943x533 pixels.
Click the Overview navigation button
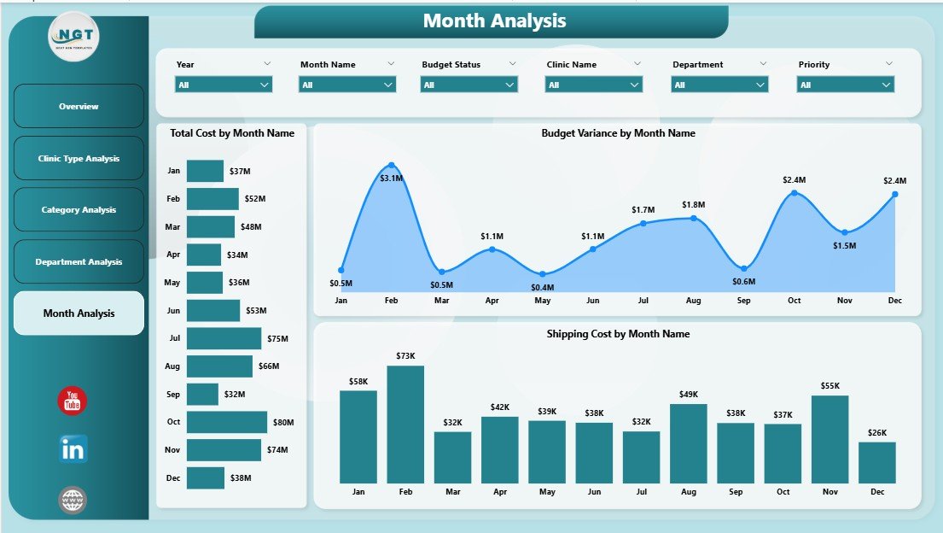[x=79, y=107]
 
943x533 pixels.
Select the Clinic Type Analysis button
[x=79, y=159]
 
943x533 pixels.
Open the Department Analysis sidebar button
[x=79, y=262]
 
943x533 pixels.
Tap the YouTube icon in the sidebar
[x=73, y=401]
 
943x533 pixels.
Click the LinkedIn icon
[x=73, y=449]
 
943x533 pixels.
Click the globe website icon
[x=73, y=500]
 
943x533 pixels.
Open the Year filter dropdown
[x=224, y=85]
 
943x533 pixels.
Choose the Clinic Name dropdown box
[x=593, y=85]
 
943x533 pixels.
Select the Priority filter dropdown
[x=845, y=85]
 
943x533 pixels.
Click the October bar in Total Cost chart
[x=226, y=422]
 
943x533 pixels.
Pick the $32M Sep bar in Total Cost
[x=202, y=394]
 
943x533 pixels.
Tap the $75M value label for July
[x=278, y=338]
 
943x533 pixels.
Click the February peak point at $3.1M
[x=391, y=165]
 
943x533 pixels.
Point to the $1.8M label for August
[x=693, y=205]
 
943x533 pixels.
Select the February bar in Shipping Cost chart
[x=405, y=425]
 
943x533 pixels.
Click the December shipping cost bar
[x=876, y=462]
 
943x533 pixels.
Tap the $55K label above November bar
[x=829, y=387]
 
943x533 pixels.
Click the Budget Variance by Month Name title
[x=618, y=133]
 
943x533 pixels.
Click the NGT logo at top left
[x=74, y=36]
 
